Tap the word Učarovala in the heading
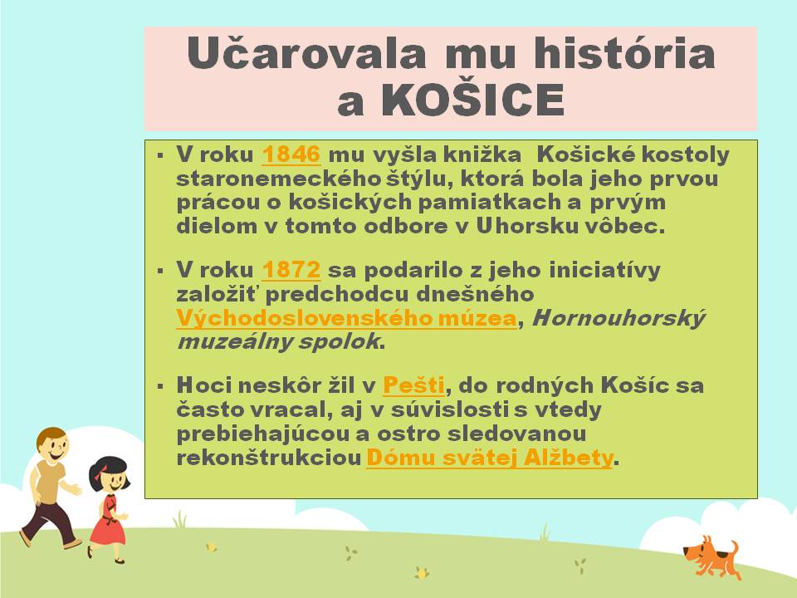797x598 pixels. (306, 53)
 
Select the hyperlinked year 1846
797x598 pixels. (291, 154)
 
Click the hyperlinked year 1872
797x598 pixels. (291, 269)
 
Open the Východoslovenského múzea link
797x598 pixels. (347, 319)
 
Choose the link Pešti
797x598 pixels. (413, 385)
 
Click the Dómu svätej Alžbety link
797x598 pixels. (490, 458)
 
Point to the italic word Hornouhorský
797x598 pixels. (619, 319)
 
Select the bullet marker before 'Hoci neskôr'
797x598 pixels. (160, 386)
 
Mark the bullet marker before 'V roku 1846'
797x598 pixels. (160, 155)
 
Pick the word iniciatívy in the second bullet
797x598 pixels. (604, 270)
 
